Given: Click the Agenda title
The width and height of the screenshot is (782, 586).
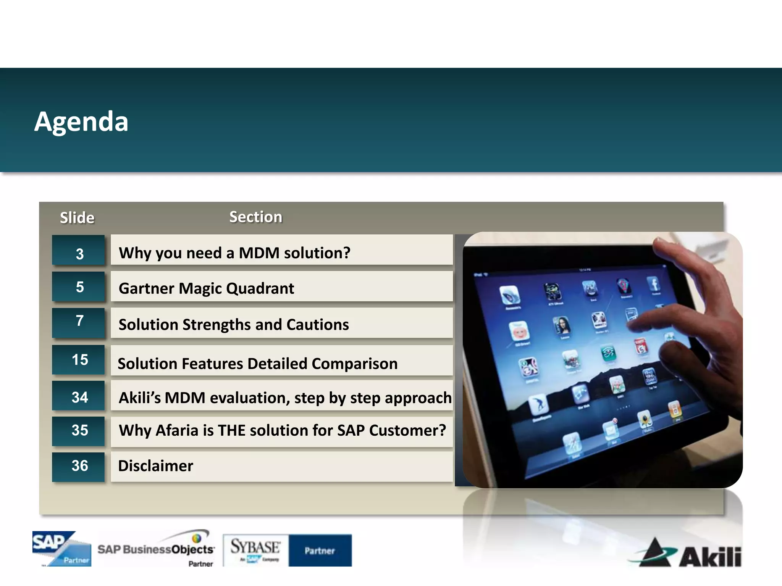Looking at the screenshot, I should (81, 122).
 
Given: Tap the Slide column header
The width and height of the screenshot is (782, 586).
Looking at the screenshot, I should (77, 218).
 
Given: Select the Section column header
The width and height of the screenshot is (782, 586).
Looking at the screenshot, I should (255, 217).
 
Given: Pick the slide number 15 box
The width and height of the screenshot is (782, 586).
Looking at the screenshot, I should (79, 360).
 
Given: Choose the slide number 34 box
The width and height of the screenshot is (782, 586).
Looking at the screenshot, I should (79, 397).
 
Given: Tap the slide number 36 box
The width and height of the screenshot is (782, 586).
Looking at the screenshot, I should (79, 466).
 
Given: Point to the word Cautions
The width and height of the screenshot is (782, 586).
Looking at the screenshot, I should (317, 325).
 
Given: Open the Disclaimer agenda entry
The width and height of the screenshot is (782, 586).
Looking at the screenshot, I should (156, 466).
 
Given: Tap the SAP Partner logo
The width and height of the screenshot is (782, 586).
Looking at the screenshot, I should (62, 549).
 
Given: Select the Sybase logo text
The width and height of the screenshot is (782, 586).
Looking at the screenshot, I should (255, 547).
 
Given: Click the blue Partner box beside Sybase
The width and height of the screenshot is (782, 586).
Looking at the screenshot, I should (320, 551).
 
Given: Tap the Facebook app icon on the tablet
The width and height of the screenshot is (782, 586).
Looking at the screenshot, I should (654, 284).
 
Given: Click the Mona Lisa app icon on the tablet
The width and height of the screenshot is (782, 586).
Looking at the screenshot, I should (562, 326).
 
